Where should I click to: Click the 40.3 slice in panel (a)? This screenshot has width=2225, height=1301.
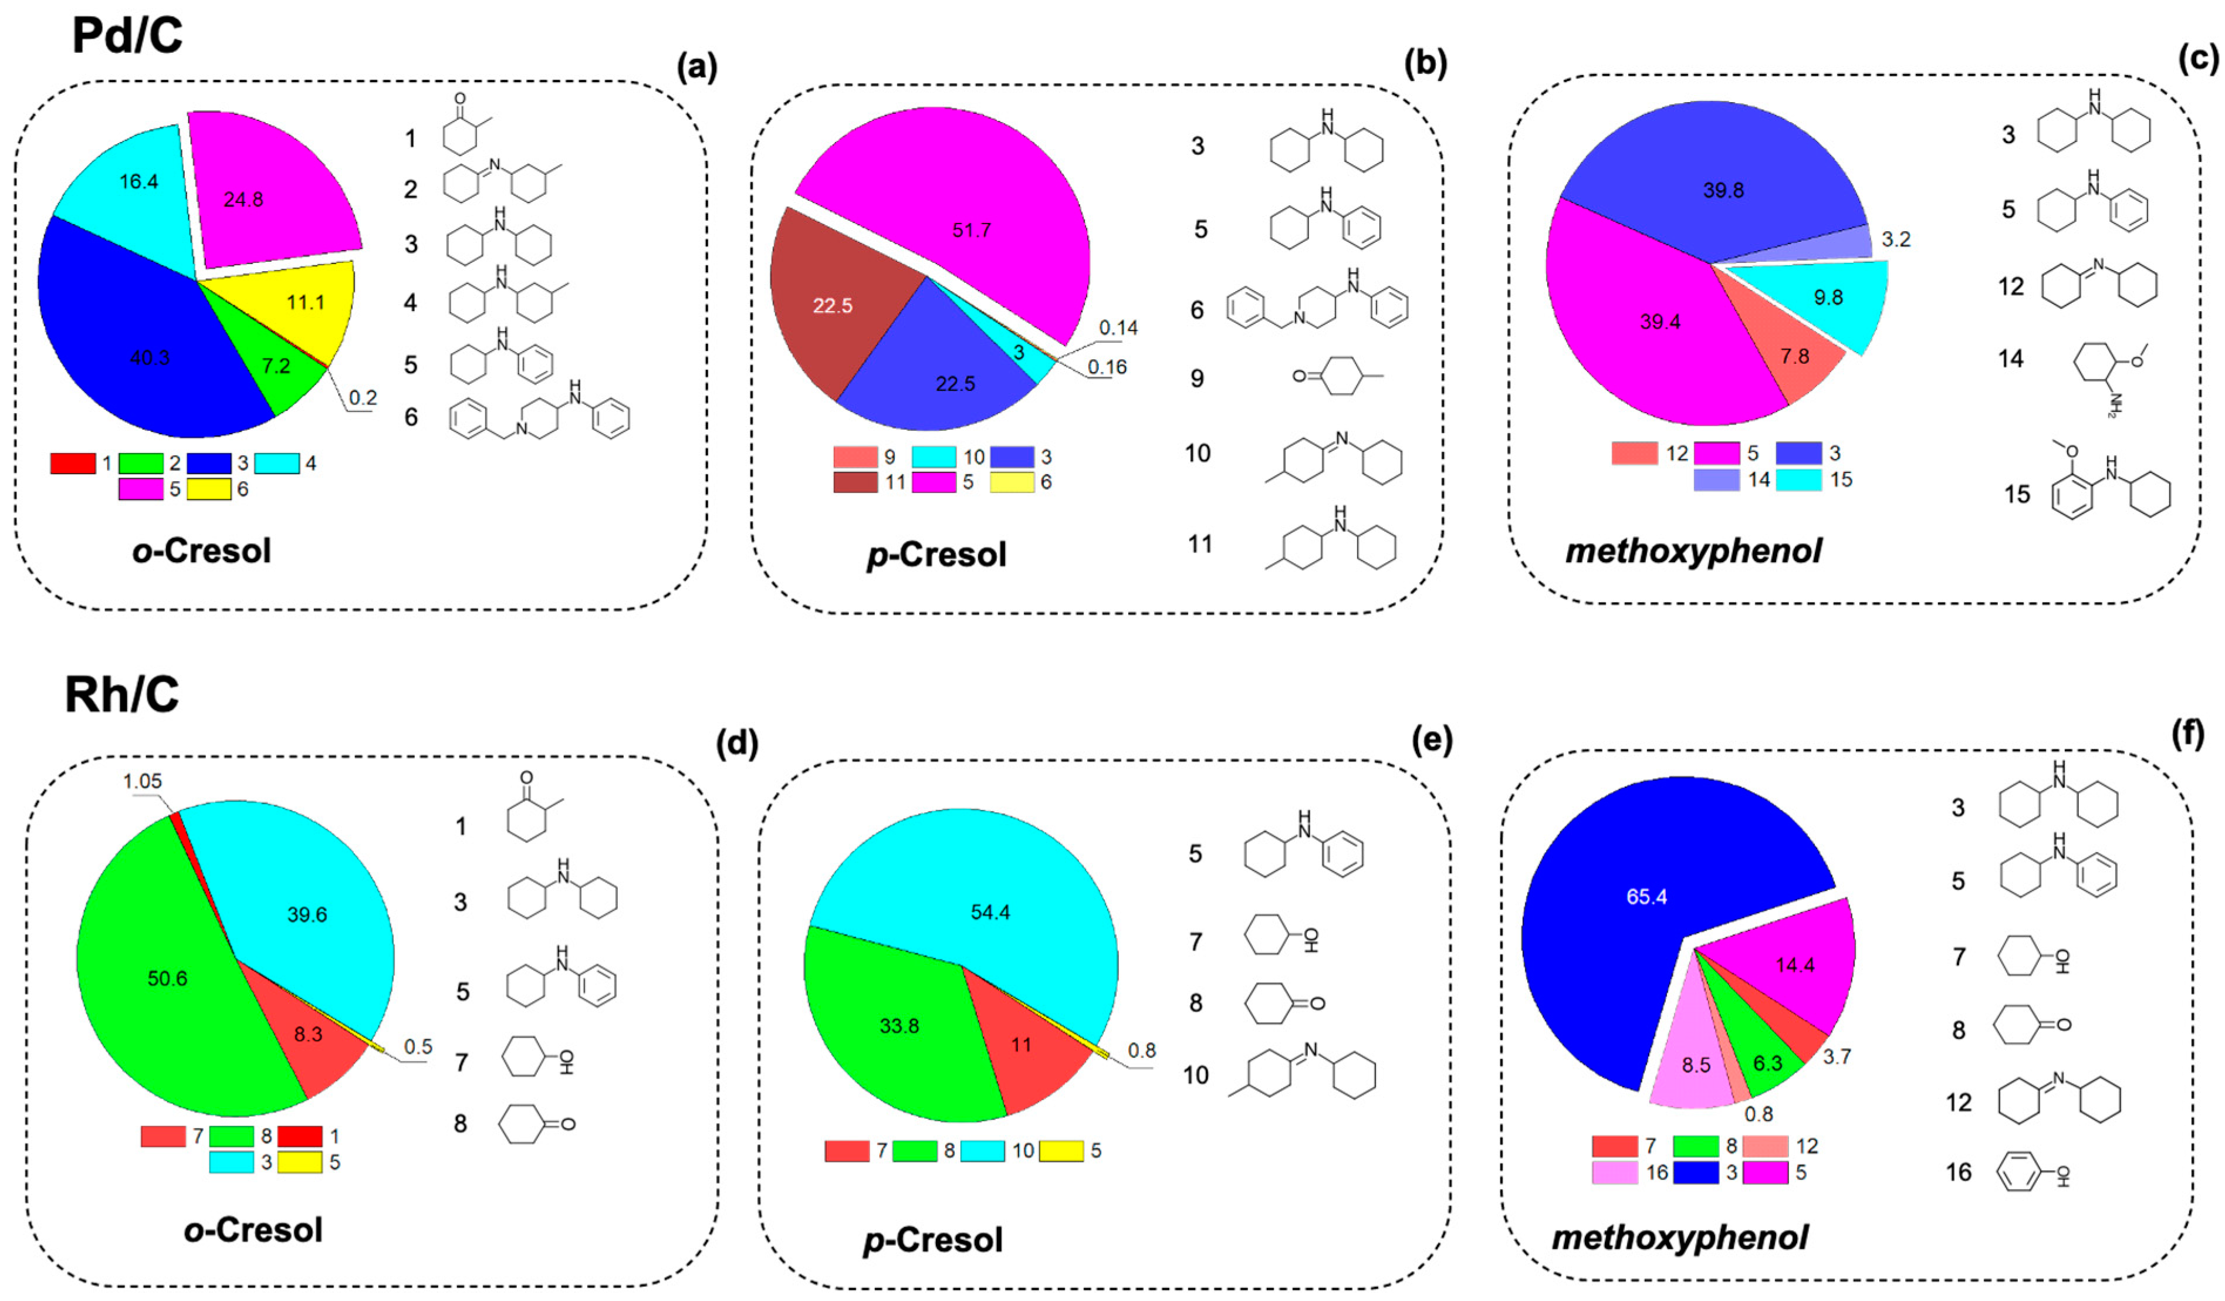[x=133, y=344]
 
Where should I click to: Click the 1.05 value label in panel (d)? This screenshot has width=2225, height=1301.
[x=142, y=782]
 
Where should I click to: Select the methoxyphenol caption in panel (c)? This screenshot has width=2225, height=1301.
[x=1693, y=551]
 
